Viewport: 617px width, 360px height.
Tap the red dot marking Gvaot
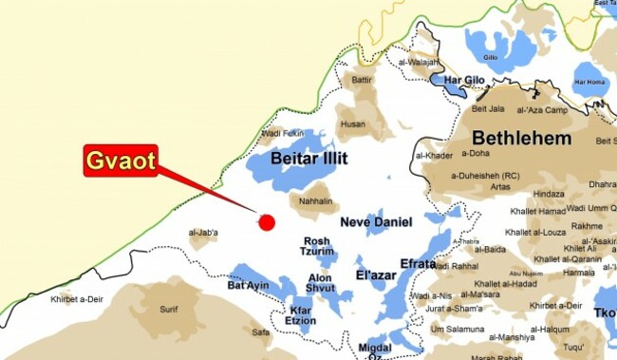pyautogui.click(x=267, y=222)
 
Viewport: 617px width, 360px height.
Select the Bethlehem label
pyautogui.click(x=521, y=139)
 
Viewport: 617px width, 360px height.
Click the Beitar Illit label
pyautogui.click(x=308, y=159)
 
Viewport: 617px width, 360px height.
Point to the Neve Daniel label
pyautogui.click(x=376, y=222)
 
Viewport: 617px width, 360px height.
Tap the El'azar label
pyautogui.click(x=376, y=275)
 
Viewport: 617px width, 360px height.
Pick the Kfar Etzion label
pyautogui.click(x=301, y=316)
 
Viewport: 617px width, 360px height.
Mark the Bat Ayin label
pyautogui.click(x=249, y=286)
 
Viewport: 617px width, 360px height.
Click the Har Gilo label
pyautogui.click(x=464, y=80)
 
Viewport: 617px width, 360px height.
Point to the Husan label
pyautogui.click(x=353, y=124)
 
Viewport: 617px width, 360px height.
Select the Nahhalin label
pyautogui.click(x=315, y=201)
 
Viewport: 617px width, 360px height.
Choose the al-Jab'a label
pyautogui.click(x=203, y=233)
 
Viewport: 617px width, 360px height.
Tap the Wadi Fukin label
pyautogui.click(x=282, y=133)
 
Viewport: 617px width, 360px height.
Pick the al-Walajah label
pyautogui.click(x=419, y=62)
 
